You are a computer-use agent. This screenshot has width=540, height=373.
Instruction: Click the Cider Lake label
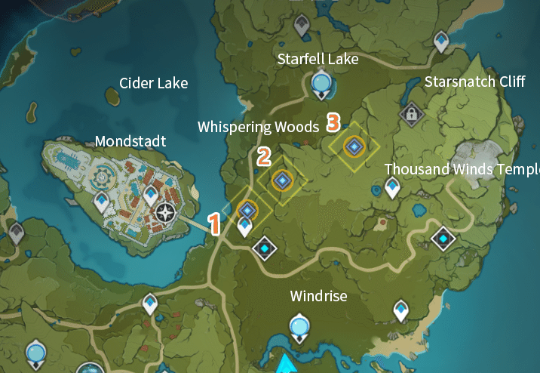click(153, 83)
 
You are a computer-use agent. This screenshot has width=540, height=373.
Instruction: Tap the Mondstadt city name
click(130, 141)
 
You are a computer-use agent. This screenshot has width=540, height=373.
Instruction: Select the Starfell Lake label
click(318, 59)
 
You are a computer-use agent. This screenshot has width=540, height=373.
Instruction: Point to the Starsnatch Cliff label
click(474, 82)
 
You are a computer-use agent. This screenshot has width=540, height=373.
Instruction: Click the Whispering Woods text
click(258, 127)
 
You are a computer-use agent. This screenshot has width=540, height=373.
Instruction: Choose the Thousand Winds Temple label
click(462, 169)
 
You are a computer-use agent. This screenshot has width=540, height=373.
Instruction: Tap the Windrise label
click(318, 297)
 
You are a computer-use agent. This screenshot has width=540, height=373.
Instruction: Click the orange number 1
click(214, 223)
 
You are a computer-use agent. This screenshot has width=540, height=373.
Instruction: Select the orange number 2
click(263, 157)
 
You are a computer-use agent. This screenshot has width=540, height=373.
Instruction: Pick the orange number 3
click(333, 121)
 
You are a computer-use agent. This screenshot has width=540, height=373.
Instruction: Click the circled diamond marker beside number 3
click(352, 146)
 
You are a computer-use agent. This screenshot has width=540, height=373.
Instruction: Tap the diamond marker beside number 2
click(282, 180)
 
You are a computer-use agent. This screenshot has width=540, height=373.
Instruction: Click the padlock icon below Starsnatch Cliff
click(411, 115)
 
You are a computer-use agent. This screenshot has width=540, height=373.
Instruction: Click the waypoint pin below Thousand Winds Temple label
click(392, 186)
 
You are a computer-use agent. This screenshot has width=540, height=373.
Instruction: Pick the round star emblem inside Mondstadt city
click(165, 214)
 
